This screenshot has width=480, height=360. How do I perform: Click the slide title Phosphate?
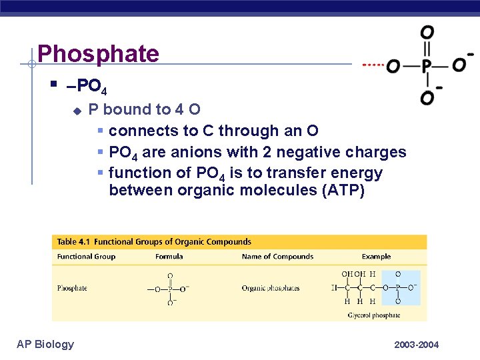point(98,53)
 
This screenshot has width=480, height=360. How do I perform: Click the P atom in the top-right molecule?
point(427,65)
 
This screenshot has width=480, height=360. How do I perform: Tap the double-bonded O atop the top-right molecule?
point(427,32)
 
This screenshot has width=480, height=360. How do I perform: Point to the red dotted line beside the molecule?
point(373,65)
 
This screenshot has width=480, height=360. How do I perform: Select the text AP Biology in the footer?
point(45,344)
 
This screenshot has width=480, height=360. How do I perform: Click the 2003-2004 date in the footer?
point(416,345)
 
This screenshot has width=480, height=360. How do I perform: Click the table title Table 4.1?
point(77,242)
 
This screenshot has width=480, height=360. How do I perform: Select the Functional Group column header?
point(86,257)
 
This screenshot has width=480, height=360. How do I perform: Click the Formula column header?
point(169,257)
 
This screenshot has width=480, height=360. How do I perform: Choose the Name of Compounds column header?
point(277,257)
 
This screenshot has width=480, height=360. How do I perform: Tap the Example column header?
point(376,257)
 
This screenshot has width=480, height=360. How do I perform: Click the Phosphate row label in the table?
point(72,288)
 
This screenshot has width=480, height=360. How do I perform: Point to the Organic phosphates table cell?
point(271,288)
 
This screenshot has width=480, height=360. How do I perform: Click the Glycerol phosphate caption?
point(375,315)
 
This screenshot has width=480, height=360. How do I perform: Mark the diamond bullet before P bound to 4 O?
point(77,110)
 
